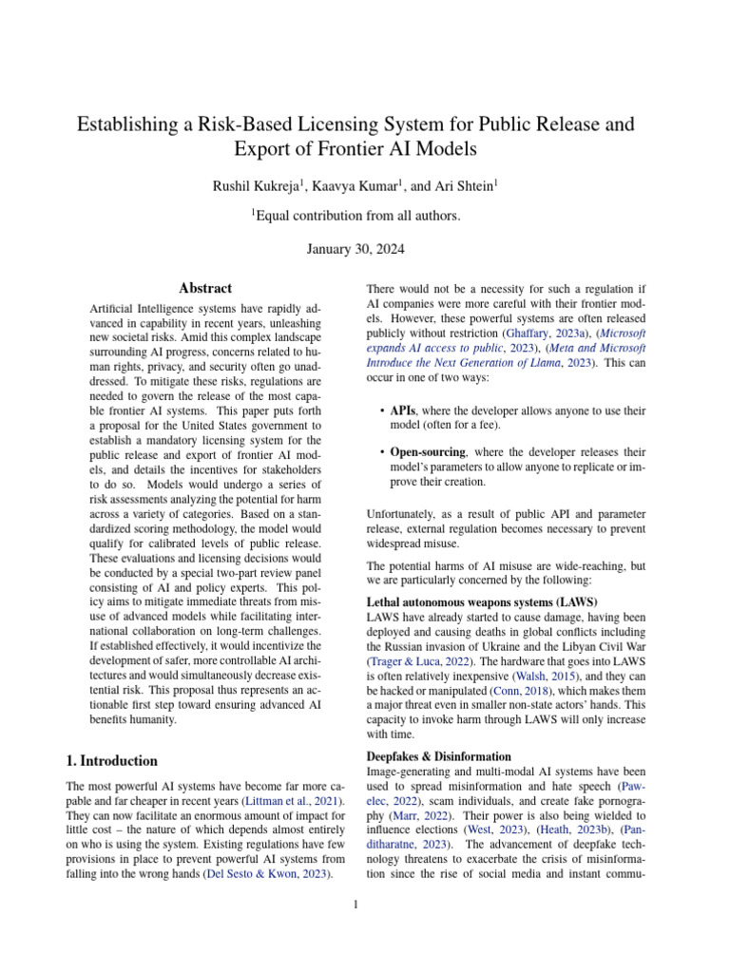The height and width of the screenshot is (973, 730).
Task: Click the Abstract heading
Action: [x=205, y=288]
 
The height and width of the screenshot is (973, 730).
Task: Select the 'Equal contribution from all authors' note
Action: [x=357, y=216]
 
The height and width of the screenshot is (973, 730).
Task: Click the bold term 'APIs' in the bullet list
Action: [x=404, y=410]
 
